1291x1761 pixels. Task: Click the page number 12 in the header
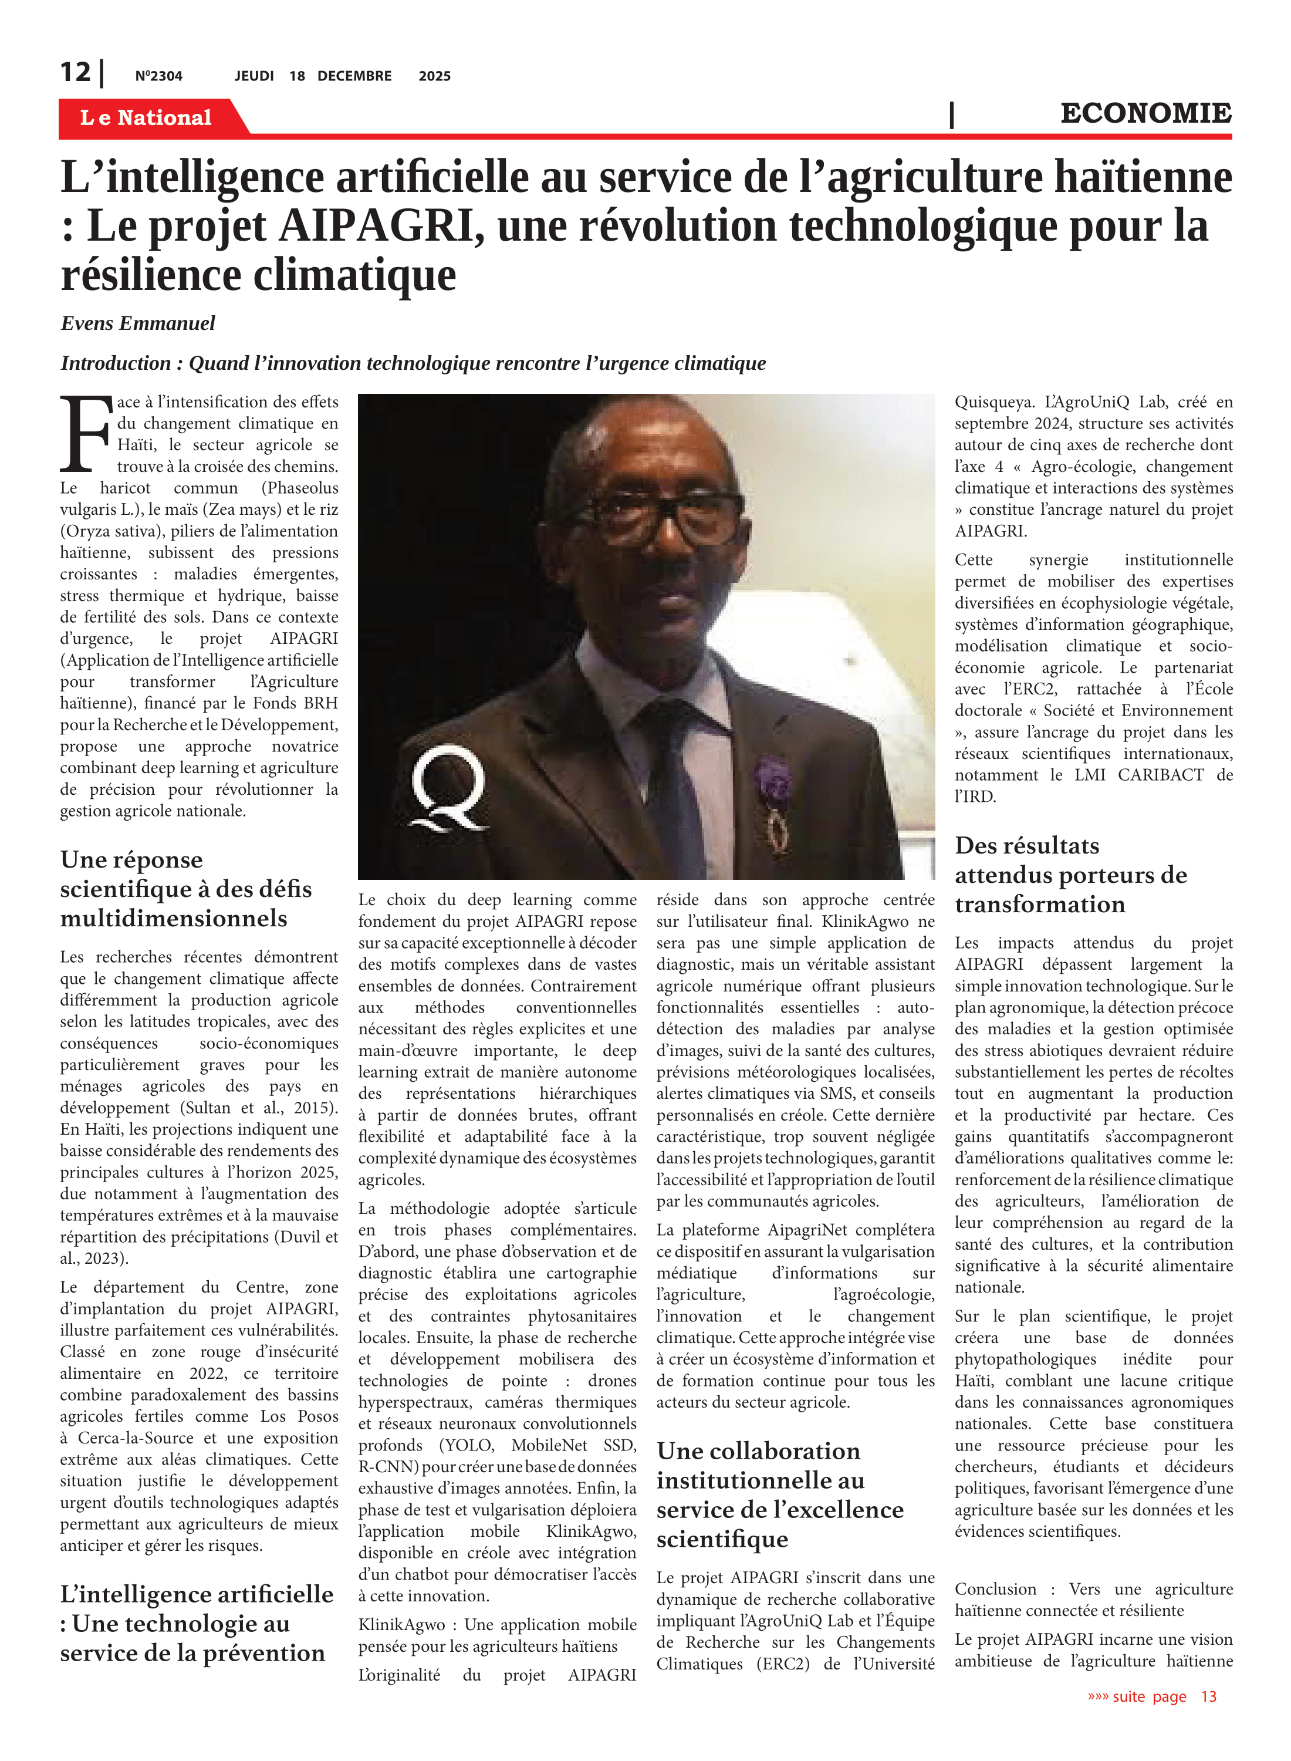pos(75,73)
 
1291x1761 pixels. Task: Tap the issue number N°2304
pos(158,76)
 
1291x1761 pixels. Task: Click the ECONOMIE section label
pos(1145,113)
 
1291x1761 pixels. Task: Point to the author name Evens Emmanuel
pos(137,323)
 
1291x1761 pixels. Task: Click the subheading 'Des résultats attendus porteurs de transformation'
pos(1070,875)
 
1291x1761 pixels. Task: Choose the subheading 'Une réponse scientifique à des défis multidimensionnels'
pos(185,889)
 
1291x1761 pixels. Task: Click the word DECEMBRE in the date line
pos(354,76)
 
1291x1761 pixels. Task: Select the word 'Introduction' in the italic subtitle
pos(116,363)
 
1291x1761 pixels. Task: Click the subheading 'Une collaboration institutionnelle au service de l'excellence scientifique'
pos(779,1495)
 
